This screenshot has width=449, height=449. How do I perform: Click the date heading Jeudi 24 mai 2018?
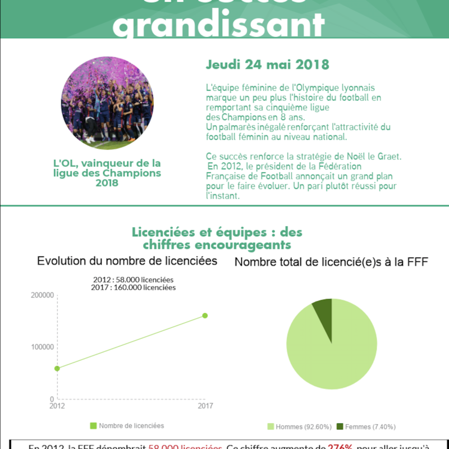267,64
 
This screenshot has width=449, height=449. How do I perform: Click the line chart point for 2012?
57,368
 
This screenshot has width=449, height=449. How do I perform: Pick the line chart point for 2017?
205,315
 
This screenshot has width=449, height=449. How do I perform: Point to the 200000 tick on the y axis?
43,295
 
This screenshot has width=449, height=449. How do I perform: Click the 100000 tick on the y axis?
43,347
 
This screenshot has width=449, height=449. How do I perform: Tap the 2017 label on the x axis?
205,406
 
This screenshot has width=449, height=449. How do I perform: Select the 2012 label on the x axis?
57,406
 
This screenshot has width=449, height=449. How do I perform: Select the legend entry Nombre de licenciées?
127,426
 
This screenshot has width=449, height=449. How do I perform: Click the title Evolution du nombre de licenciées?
127,261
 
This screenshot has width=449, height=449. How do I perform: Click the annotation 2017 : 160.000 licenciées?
133,287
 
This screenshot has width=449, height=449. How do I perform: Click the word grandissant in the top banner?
222,25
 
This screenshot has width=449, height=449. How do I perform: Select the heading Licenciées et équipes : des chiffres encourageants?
217,239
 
